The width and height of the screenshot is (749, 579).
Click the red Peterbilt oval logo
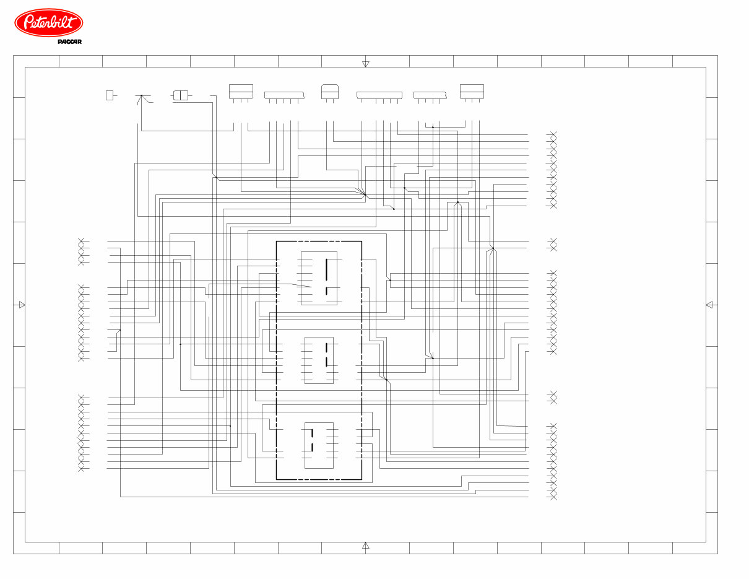pyautogui.click(x=48, y=23)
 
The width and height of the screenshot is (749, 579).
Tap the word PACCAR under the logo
pyautogui.click(x=70, y=42)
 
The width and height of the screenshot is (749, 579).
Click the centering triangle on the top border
pyautogui.click(x=365, y=64)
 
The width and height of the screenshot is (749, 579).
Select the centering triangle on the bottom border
pyautogui.click(x=365, y=546)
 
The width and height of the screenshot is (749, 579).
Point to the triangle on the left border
pyautogui.click(x=22, y=305)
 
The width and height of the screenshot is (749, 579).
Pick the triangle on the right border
pyautogui.click(x=709, y=305)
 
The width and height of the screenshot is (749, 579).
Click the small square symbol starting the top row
pyautogui.click(x=110, y=95)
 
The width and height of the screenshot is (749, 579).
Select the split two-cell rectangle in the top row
pyautogui.click(x=181, y=95)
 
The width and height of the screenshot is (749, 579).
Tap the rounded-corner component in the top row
pyautogui.click(x=329, y=90)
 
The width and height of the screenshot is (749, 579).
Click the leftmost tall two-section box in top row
pyautogui.click(x=241, y=91)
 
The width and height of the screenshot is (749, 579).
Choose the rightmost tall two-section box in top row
pyautogui.click(x=472, y=91)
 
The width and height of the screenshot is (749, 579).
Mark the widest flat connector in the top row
pyautogui.click(x=379, y=95)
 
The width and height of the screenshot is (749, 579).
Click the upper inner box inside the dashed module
pyautogui.click(x=319, y=278)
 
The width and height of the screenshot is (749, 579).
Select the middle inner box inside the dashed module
pyautogui.click(x=319, y=360)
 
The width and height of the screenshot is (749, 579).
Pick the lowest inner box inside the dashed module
pyautogui.click(x=319, y=445)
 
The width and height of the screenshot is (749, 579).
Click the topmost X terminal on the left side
pyautogui.click(x=81, y=241)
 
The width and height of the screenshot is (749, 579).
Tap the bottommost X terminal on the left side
pyautogui.click(x=81, y=469)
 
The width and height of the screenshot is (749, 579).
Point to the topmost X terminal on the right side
pyautogui.click(x=553, y=134)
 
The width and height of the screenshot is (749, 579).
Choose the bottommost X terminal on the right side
pyautogui.click(x=553, y=497)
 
